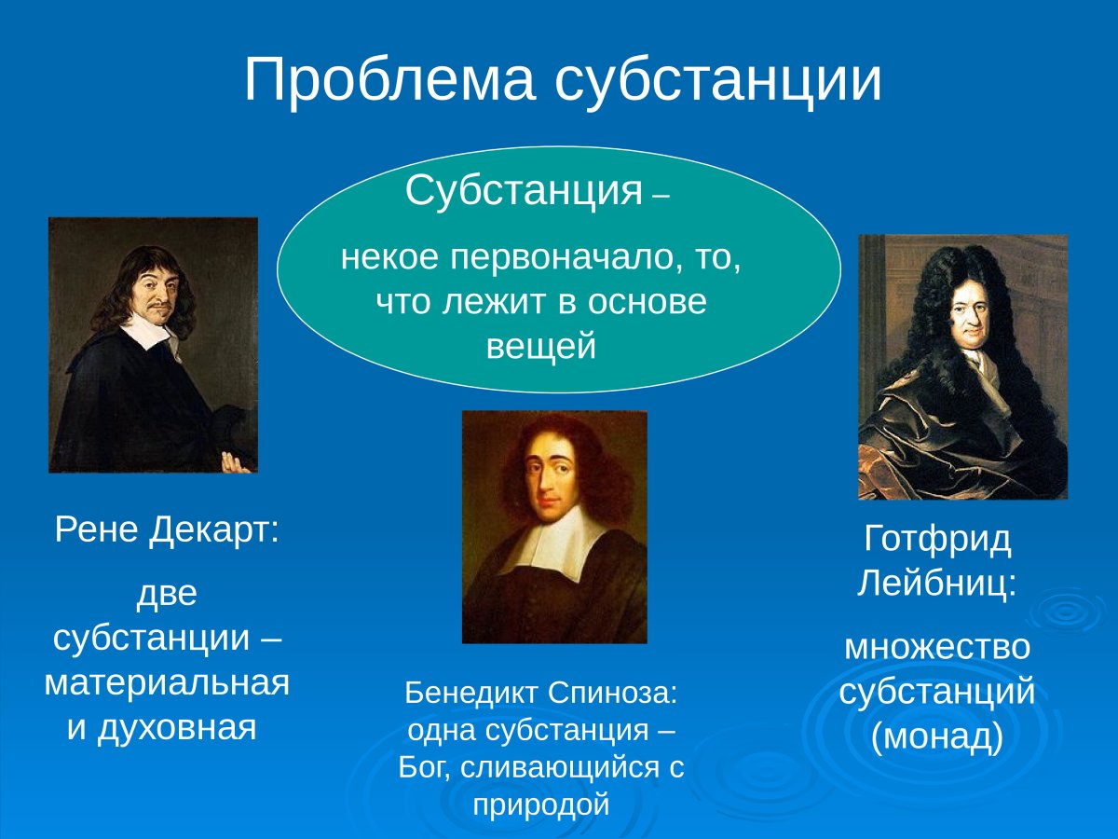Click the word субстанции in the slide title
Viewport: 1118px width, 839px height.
(x=717, y=80)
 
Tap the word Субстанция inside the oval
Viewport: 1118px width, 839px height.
(x=525, y=191)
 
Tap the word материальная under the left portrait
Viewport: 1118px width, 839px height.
(x=167, y=682)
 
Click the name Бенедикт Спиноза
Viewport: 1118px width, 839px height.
(x=540, y=692)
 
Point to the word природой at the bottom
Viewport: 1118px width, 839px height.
(x=540, y=804)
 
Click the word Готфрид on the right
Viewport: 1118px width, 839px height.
(x=937, y=540)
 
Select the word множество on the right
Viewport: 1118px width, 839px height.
(x=937, y=647)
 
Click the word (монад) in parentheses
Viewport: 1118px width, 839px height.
(x=937, y=737)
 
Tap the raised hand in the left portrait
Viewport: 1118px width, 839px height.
(x=236, y=460)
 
